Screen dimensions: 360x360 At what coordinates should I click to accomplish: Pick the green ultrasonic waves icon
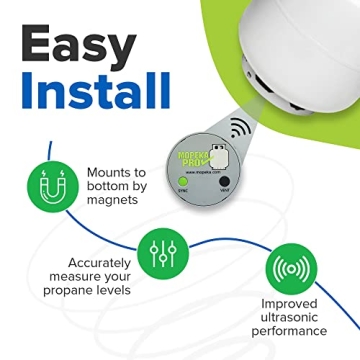pos(289,271)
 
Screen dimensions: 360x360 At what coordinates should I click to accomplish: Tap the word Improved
pos(290,304)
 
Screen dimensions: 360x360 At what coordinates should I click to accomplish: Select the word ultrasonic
pos(290,318)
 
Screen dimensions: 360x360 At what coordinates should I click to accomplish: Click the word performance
pos(290,332)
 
